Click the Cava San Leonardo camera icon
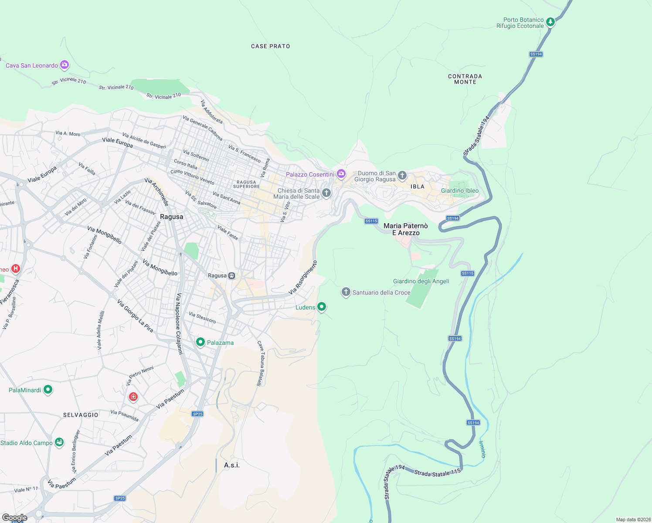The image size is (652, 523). coord(65,65)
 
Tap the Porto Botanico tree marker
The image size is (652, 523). coord(550,22)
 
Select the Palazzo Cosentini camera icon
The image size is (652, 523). coord(341,174)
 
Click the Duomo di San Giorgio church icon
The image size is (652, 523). coord(402,176)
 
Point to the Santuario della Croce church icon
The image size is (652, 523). coord(346,292)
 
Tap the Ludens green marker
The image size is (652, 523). coord(322,307)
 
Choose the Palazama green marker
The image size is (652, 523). coord(200,342)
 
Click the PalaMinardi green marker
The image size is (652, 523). coord(48,390)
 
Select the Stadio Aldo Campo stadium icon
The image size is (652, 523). coord(59,442)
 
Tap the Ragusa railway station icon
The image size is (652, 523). coord(232,275)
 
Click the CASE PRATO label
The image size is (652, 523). coord(271,46)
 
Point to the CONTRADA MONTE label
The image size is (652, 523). coord(465,79)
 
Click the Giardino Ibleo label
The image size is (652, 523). coord(460,190)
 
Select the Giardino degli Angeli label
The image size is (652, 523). coord(421,281)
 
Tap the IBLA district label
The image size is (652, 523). coord(417,187)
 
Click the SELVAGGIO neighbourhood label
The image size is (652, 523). coord(81,415)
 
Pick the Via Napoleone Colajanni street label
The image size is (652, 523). coord(179,324)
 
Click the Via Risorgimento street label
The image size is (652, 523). coord(303,278)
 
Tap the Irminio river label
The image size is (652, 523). coord(482,449)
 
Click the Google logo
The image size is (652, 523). coord(15,517)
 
